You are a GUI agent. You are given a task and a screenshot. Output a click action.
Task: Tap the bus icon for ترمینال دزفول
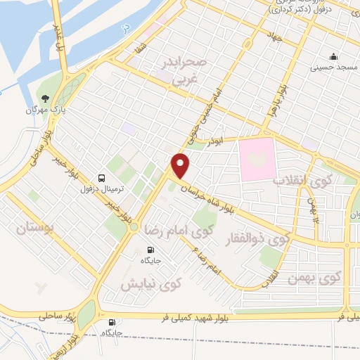(103, 178)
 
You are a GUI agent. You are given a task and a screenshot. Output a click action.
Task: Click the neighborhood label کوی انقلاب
(297, 180)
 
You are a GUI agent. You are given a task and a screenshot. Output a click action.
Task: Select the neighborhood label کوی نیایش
(150, 284)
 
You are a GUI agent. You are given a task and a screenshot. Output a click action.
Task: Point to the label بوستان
(34, 229)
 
